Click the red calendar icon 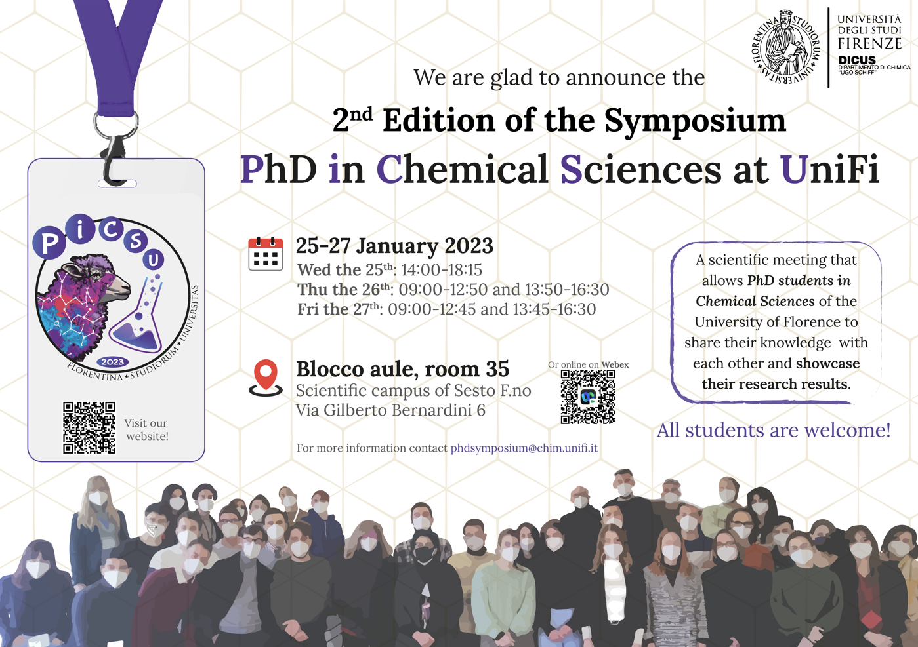click(x=266, y=254)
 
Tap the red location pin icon click(x=266, y=378)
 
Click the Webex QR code click(x=588, y=397)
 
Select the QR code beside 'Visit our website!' click(x=89, y=427)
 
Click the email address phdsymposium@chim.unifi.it click(x=524, y=448)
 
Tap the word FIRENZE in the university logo click(x=869, y=43)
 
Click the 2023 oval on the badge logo click(x=113, y=362)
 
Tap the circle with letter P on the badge click(x=49, y=243)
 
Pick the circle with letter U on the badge click(x=154, y=260)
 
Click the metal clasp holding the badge click(x=115, y=151)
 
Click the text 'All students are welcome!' click(x=774, y=430)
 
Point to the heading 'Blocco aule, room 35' click(x=402, y=369)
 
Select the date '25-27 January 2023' click(x=394, y=246)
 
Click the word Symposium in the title click(x=695, y=121)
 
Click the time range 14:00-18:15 click(x=442, y=270)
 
